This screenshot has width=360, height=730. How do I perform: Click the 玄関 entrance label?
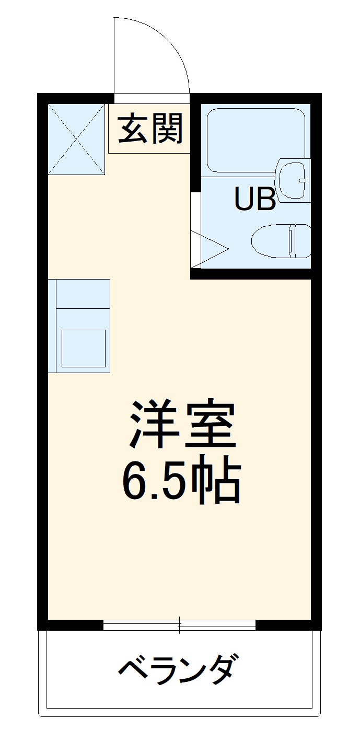150,129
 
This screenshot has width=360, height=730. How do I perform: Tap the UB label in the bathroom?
254,199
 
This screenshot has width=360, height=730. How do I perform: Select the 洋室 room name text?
181,424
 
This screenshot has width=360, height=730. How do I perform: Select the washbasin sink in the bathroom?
293,180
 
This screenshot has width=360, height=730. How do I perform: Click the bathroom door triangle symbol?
209,249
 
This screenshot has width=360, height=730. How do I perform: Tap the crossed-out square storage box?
76,139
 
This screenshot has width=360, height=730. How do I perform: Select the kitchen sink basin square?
84,347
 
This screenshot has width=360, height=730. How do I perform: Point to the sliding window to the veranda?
179,624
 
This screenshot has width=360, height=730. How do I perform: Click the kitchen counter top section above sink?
83,293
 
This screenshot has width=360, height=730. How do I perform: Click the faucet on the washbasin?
302,180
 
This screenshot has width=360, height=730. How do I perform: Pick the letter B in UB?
266,199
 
